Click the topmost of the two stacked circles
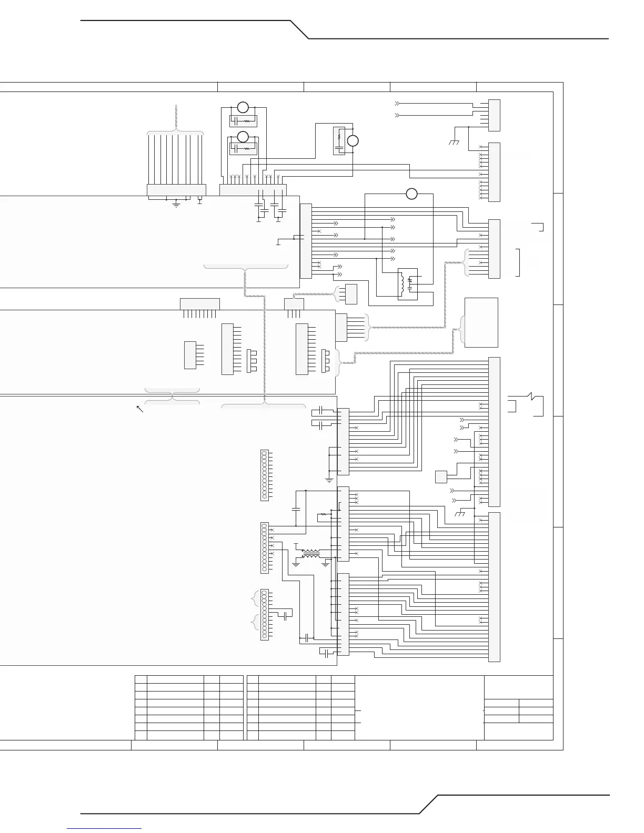pyautogui.click(x=243, y=107)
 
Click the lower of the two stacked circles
pyautogui.click(x=243, y=137)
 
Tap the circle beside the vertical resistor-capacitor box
pyautogui.click(x=353, y=141)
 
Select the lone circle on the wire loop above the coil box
pyautogui.click(x=411, y=194)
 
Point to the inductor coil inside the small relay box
pyautogui.click(x=402, y=284)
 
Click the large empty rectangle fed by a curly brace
pyautogui.click(x=481, y=322)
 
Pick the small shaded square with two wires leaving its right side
pyautogui.click(x=441, y=477)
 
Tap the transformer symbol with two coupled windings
pyautogui.click(x=311, y=554)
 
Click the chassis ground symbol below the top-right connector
pyautogui.click(x=455, y=142)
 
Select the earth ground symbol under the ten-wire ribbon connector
pyautogui.click(x=176, y=205)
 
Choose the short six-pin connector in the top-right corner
pyautogui.click(x=494, y=115)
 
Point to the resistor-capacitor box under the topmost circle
pyautogui.click(x=243, y=121)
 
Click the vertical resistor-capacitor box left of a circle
pyautogui.click(x=339, y=141)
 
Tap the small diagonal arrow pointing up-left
pyautogui.click(x=140, y=409)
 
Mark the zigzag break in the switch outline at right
pyautogui.click(x=532, y=395)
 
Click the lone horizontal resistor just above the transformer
pyautogui.click(x=324, y=514)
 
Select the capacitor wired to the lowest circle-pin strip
pyautogui.click(x=286, y=615)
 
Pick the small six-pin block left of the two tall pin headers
pyautogui.click(x=190, y=355)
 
